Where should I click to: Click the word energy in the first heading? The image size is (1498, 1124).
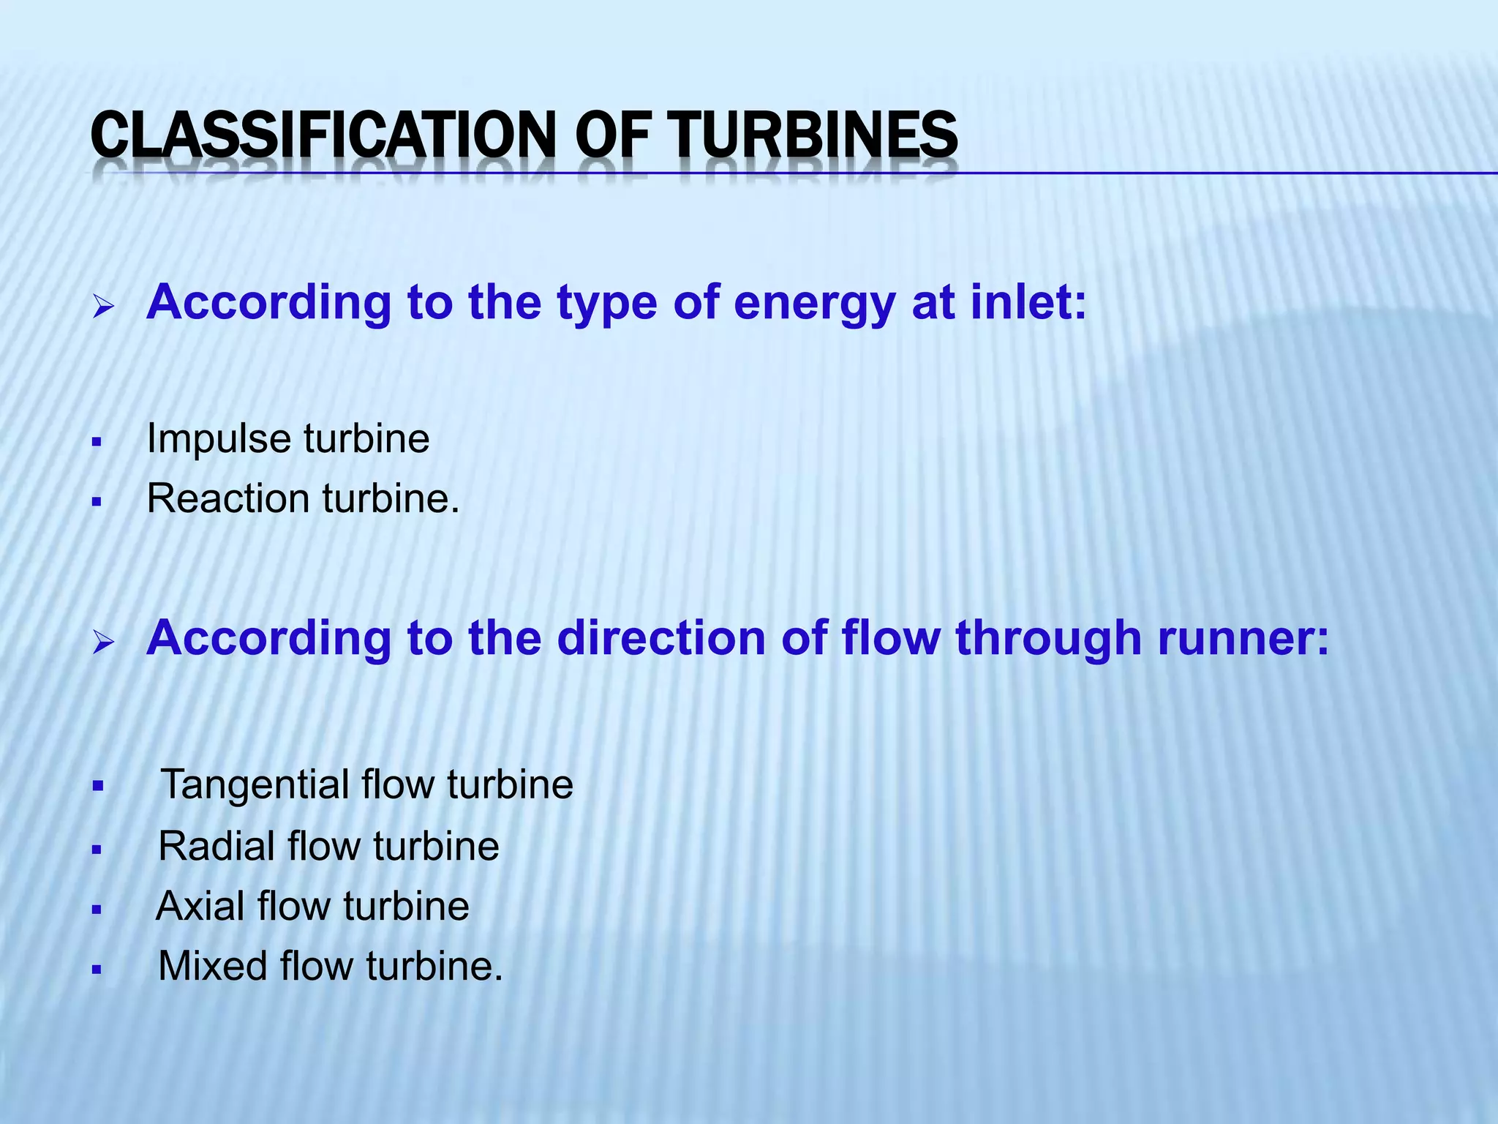(x=814, y=304)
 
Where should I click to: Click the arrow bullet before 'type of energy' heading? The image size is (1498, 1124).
(x=103, y=307)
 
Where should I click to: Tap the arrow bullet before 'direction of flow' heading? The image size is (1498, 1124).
(x=103, y=643)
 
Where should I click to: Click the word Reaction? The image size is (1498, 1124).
(x=228, y=499)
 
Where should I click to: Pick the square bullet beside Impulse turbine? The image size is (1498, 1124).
(x=97, y=443)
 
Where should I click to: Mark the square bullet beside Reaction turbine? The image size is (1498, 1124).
(x=97, y=503)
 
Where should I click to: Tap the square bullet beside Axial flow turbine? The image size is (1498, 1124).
(x=97, y=910)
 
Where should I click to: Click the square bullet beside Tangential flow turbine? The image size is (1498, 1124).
(x=97, y=787)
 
